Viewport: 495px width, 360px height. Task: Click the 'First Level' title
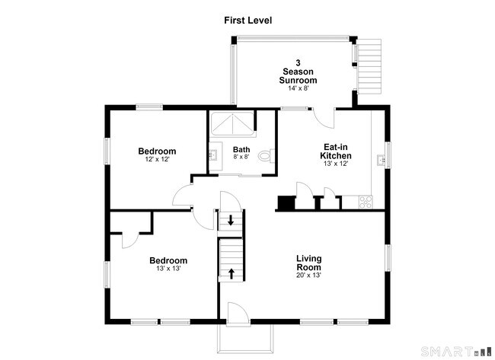(247, 21)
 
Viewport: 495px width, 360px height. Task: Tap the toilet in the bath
(266, 156)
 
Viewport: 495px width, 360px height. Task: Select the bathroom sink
(212, 155)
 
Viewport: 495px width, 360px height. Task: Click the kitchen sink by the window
(381, 160)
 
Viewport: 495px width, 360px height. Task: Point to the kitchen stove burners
(366, 202)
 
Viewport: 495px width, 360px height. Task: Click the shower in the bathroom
(232, 123)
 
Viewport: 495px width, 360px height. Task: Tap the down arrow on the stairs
(231, 220)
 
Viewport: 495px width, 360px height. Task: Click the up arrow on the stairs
(232, 273)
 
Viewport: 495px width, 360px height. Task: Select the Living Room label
(308, 263)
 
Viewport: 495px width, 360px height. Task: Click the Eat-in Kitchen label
(336, 151)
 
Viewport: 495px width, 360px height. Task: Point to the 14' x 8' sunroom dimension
(298, 88)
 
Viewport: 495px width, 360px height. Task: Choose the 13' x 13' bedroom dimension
(168, 269)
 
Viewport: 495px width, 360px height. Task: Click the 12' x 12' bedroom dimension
(157, 159)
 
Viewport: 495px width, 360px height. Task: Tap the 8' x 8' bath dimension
(241, 157)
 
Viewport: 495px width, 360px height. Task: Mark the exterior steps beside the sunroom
(369, 66)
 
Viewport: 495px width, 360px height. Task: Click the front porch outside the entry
(245, 338)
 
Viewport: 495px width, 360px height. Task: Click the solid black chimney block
(286, 202)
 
